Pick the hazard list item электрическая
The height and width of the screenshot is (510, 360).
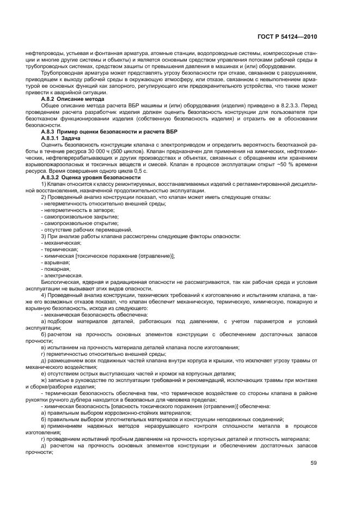click(x=61, y=275)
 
